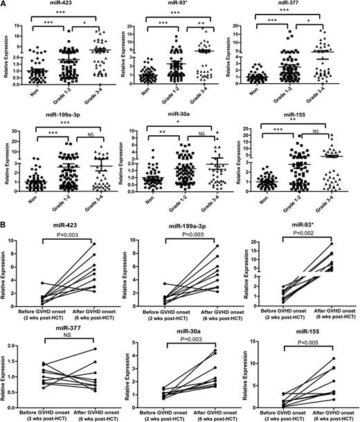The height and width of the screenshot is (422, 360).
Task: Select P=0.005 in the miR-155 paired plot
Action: click(x=302, y=342)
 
